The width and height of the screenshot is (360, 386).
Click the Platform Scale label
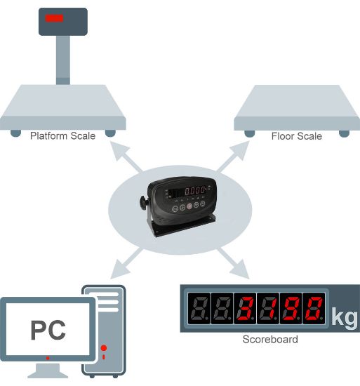tap(62, 136)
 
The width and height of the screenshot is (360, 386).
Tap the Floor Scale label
tap(297, 136)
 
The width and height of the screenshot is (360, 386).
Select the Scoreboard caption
tap(270, 339)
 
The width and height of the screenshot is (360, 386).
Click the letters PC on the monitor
tap(48, 330)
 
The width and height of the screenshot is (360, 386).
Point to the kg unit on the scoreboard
tap(345, 317)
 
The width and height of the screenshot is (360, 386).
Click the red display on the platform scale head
tap(54, 18)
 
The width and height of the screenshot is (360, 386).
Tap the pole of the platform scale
tap(63, 60)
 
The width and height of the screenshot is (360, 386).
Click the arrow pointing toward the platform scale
tap(126, 157)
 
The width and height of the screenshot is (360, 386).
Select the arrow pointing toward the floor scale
tap(233, 157)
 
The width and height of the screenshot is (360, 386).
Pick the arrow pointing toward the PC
tap(126, 264)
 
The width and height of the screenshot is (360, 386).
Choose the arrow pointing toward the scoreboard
tap(233, 264)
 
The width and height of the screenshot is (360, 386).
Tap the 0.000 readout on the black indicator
tap(195, 190)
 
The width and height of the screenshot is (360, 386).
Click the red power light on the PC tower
tap(104, 348)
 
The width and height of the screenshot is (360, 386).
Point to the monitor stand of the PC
tap(48, 371)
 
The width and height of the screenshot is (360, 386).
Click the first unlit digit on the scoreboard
tap(199, 308)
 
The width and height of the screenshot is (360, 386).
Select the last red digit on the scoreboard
tap(314, 308)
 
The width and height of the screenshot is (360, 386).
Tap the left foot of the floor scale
tap(250, 133)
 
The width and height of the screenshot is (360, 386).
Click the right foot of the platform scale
tap(110, 133)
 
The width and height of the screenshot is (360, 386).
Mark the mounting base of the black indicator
tap(184, 225)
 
